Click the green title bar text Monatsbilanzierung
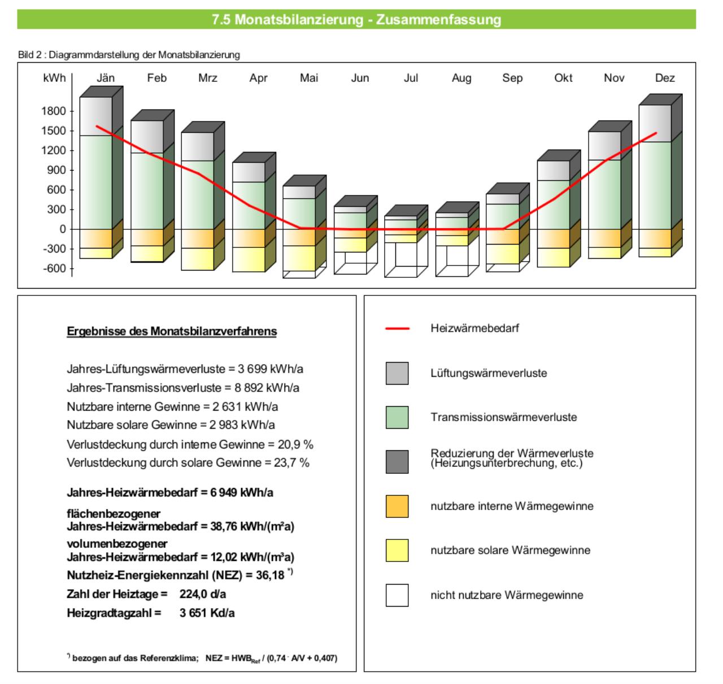point(299,20)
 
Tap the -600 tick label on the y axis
point(54,268)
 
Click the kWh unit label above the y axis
point(54,78)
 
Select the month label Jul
point(411,78)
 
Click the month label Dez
point(664,78)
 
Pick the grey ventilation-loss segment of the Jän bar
point(95,116)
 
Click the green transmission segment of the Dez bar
point(655,185)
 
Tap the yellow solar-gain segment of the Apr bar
point(248,259)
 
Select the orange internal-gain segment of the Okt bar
point(553,239)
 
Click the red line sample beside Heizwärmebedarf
point(397,328)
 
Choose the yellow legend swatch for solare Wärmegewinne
point(397,550)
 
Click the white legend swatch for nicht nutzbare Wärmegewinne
point(397,595)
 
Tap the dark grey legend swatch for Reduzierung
point(397,461)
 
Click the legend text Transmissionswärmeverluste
point(503,417)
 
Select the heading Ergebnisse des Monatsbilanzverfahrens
point(171,331)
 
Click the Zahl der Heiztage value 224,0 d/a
point(202,594)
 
